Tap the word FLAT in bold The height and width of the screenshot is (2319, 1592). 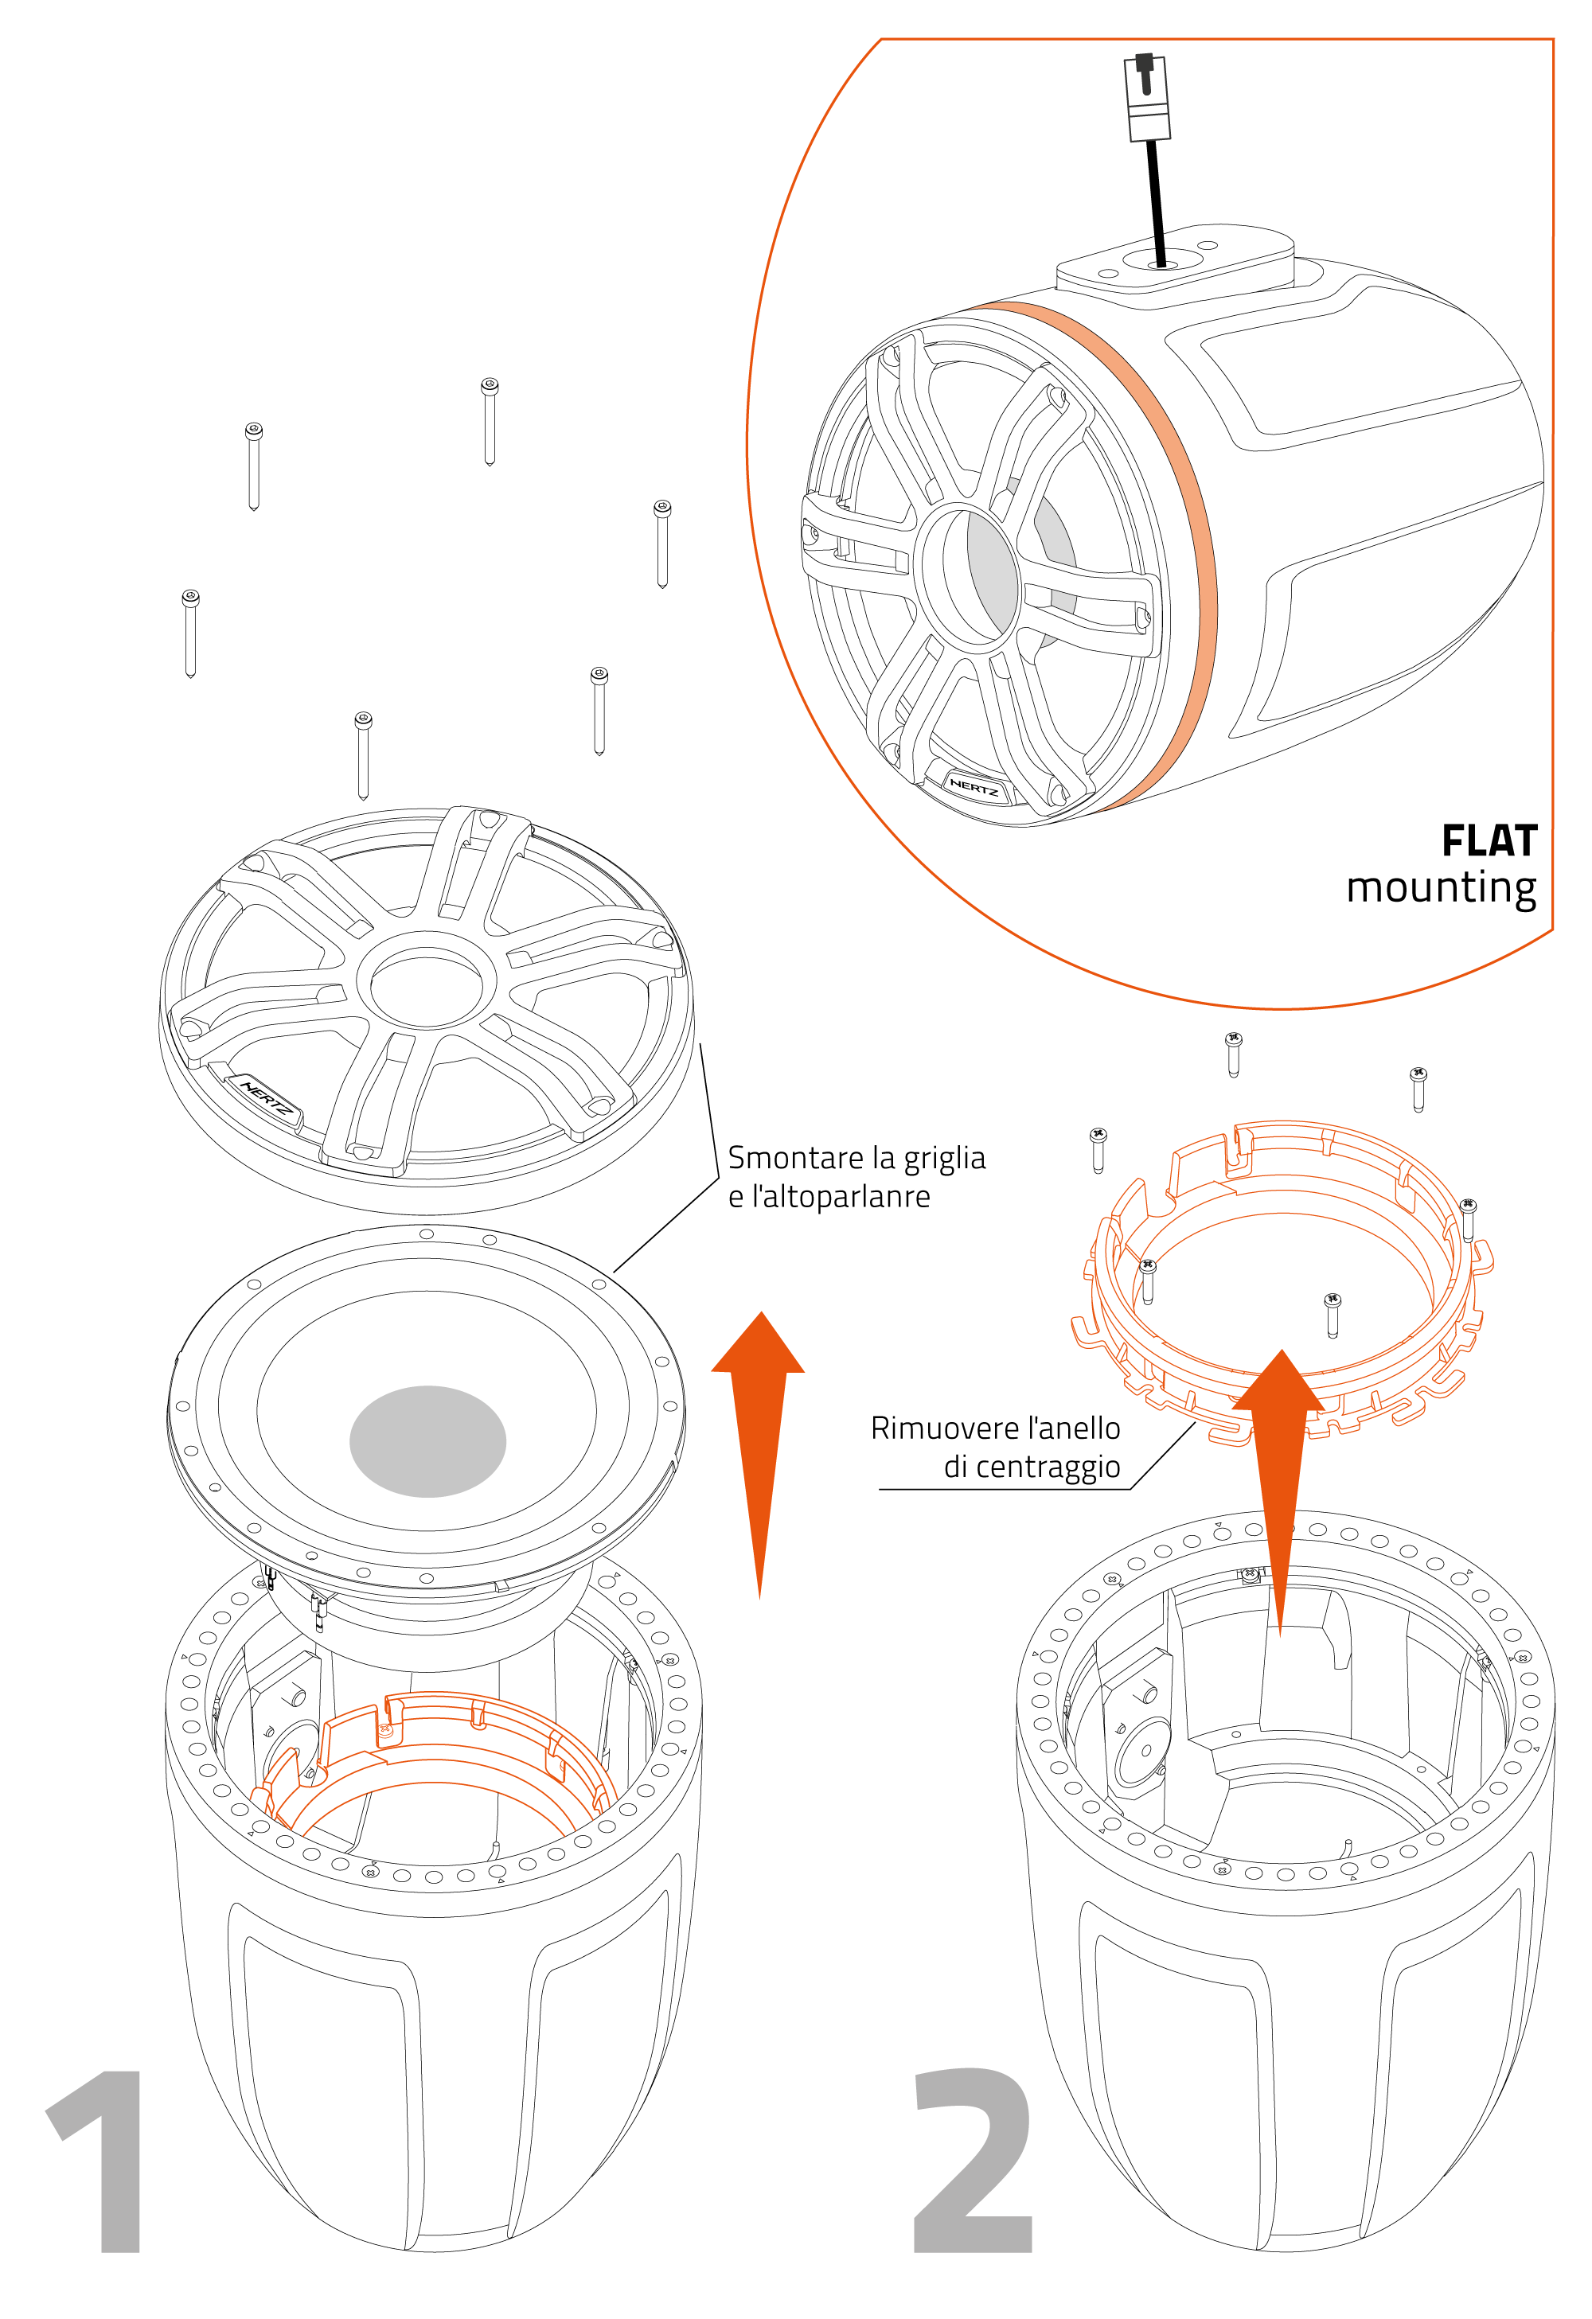click(x=1489, y=840)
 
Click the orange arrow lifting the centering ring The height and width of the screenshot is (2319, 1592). click(x=1280, y=1477)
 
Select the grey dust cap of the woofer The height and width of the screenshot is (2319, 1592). click(x=427, y=1441)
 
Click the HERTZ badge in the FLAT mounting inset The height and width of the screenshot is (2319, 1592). click(x=974, y=787)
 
